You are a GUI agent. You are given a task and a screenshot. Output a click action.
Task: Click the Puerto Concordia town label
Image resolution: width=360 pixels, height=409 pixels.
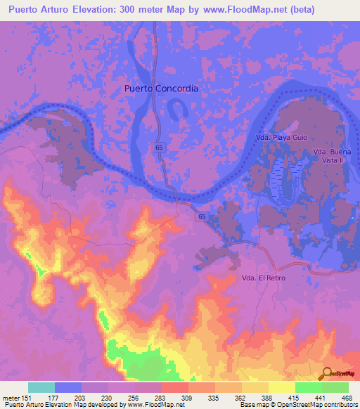coord(161,89)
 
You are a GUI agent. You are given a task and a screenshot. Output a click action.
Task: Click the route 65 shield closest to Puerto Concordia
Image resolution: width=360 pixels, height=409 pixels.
coord(160,146)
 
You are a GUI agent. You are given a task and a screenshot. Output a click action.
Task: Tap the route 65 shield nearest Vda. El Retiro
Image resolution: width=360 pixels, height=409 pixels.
coord(202,219)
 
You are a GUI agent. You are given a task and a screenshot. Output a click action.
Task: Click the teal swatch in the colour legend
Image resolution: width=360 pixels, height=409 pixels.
coord(41,387)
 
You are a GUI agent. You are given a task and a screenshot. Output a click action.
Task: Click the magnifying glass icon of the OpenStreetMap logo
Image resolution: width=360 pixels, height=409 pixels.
coord(327,373)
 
